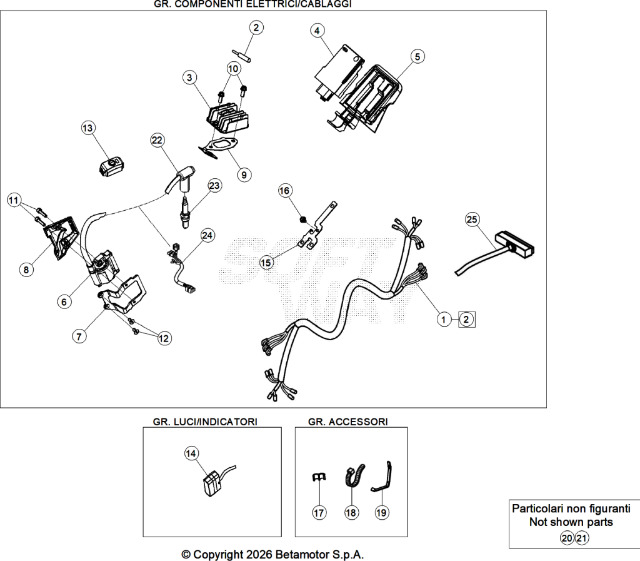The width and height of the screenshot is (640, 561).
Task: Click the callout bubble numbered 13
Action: [x=87, y=128]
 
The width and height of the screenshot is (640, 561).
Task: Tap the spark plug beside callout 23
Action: [x=186, y=212]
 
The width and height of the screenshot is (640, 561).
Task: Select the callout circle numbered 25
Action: [x=472, y=220]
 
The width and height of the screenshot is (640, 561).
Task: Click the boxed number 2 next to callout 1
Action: [x=466, y=320]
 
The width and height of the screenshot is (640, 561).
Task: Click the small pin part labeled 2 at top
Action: [x=241, y=56]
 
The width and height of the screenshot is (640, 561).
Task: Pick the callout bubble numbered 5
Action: [x=417, y=56]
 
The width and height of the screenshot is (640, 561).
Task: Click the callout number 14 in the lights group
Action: [x=191, y=453]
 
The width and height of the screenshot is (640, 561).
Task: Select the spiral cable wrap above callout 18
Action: [x=354, y=476]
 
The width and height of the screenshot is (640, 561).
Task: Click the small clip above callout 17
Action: [x=319, y=477]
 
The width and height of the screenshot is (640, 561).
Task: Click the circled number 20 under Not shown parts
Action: [x=567, y=538]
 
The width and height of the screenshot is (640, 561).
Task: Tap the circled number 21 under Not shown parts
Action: [x=581, y=538]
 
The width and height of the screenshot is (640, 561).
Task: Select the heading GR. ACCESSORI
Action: [x=347, y=422]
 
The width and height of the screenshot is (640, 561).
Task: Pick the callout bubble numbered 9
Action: [x=244, y=175]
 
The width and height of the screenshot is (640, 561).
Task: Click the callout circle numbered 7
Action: [x=79, y=337]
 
